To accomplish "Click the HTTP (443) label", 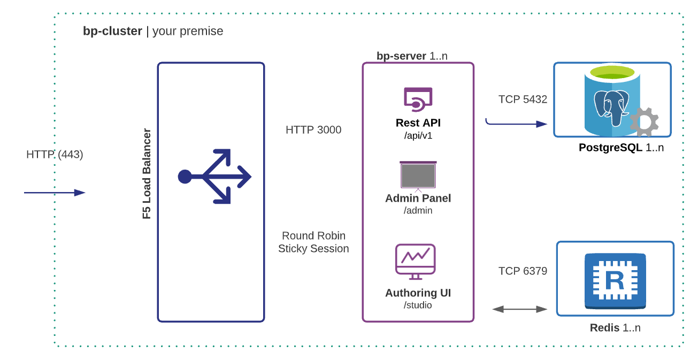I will pos(55,155).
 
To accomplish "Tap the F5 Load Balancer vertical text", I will pos(147,174).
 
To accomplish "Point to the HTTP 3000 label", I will pos(313,130).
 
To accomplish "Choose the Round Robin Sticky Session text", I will pos(313,242).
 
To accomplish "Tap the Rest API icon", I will pos(418,98).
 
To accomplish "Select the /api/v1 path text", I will pos(418,135).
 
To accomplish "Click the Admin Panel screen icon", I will pos(418,175).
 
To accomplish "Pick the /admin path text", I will pos(418,211).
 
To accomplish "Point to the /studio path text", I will pos(418,305).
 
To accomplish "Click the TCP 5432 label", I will pos(523,99).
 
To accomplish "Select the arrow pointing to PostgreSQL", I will pos(517,124).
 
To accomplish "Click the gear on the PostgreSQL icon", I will pos(643,122).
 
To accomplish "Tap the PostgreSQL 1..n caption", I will pos(621,148).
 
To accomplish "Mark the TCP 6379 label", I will pos(523,271).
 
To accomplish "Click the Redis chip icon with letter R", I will pos(615,280).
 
